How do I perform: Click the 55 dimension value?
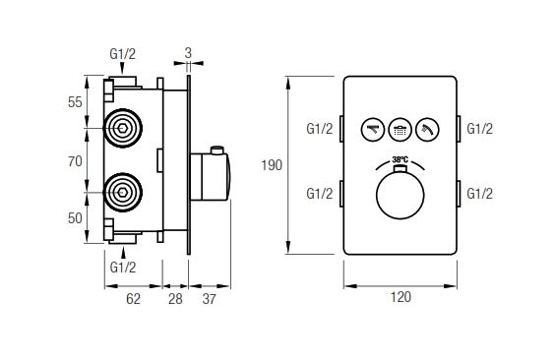coord(75,102)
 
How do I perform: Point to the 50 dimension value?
coord(75,218)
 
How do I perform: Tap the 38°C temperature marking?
coord(400,159)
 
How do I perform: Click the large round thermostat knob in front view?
coord(400,197)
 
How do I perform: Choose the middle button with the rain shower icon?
coord(401,128)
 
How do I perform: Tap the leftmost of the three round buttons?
coord(373,128)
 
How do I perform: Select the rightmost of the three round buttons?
coord(428,128)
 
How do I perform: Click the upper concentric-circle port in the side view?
coord(124,128)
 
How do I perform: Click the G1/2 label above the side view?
coord(123,56)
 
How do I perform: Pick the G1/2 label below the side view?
coord(123,267)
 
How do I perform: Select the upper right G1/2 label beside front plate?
coord(479,129)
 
